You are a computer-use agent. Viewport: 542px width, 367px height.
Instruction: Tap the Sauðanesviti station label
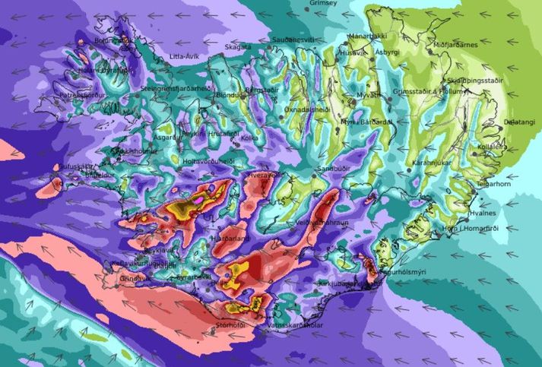coord(293,38)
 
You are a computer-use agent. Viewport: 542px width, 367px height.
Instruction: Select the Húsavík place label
coord(352,53)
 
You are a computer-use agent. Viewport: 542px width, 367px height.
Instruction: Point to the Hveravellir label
coord(266,175)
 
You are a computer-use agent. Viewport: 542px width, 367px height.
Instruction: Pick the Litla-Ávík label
coord(186,56)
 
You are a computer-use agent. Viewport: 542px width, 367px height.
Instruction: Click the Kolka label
coord(249,138)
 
